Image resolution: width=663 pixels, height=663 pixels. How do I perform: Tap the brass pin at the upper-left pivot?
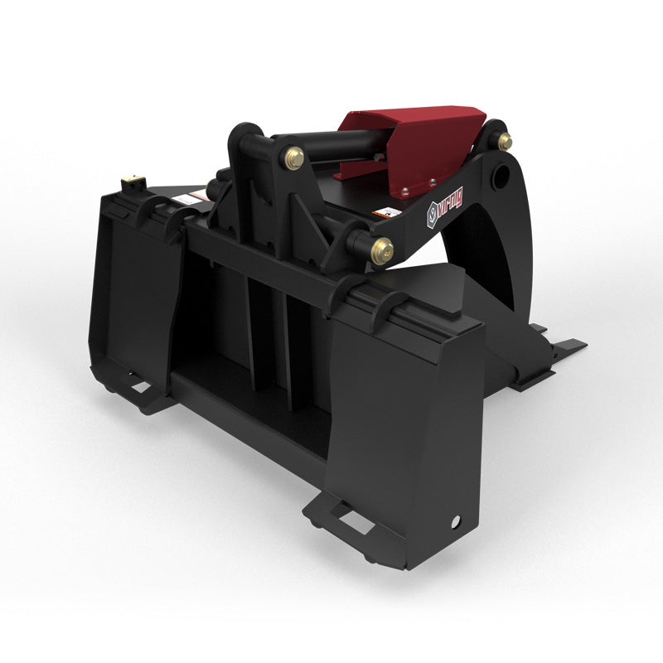coord(294,158)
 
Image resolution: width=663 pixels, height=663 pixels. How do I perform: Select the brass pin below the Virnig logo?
coord(381,249)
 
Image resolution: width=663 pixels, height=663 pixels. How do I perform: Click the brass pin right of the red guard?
coord(504,141)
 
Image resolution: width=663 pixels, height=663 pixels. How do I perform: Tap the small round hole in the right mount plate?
coord(455,521)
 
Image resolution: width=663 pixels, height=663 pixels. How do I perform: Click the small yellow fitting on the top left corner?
coord(129,180)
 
